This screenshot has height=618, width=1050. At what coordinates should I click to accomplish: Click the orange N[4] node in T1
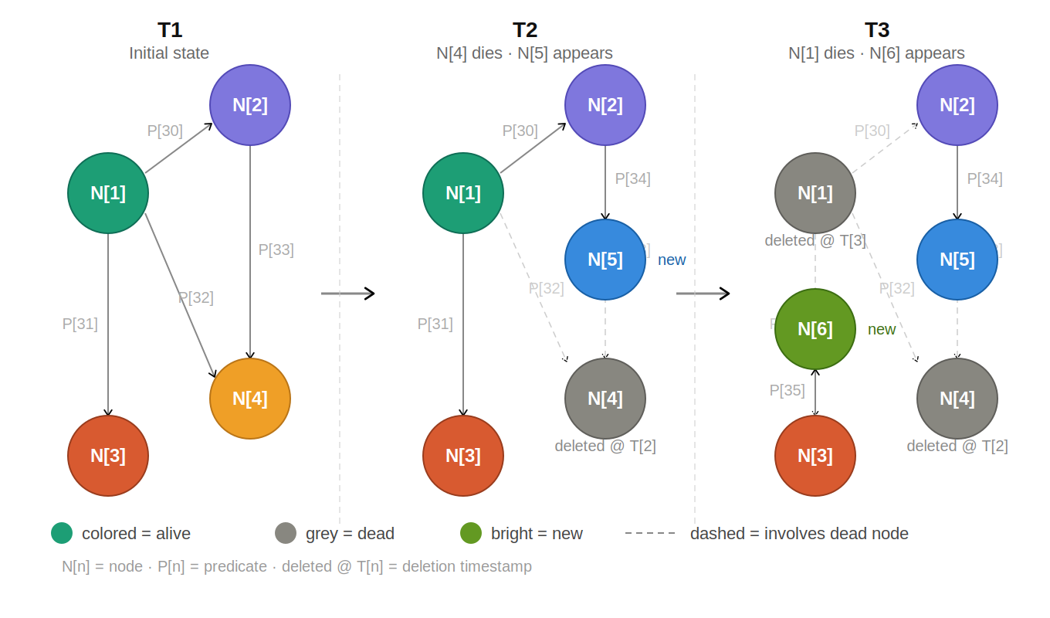250,399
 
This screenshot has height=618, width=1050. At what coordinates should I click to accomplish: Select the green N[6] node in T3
815,329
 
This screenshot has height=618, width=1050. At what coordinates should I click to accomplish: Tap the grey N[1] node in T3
815,193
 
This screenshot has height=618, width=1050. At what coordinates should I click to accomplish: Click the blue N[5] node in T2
605,260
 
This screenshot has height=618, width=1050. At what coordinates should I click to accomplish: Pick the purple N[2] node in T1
250,105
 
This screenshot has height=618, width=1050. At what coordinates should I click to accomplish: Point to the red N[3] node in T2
463,456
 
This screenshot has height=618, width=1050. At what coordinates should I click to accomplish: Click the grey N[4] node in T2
605,399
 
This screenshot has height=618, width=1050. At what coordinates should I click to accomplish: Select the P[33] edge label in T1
276,250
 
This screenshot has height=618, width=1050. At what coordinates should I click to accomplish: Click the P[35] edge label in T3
787,390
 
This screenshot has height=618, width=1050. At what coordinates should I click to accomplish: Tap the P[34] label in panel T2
632,178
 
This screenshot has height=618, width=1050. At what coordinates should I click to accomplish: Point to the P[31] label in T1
80,324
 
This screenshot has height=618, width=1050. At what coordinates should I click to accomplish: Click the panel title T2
525,30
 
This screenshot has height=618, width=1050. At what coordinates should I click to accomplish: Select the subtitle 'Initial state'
169,53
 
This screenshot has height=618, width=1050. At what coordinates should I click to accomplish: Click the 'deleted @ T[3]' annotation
815,240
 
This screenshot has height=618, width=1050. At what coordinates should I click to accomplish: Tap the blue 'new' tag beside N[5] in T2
672,260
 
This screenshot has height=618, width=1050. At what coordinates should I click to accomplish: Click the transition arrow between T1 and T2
347,294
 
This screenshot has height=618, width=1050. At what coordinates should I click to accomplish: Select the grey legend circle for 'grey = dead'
286,533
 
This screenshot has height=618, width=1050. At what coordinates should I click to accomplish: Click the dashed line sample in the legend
650,533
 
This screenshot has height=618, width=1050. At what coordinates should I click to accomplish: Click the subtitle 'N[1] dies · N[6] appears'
876,53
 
